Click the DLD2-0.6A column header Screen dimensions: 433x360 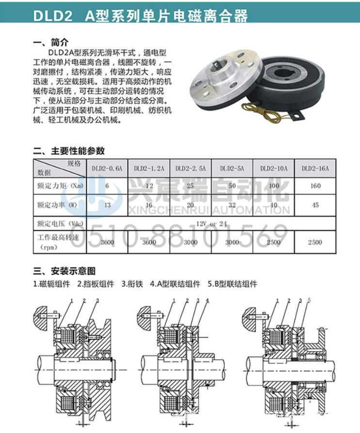(107, 169)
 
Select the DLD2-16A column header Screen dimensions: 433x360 (315, 169)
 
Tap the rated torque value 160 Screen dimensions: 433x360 (315, 186)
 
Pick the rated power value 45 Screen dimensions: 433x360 (315, 205)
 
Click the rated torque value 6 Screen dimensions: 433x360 (107, 186)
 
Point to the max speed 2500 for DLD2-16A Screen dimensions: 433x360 (315, 242)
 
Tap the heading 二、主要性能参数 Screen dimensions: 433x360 (68, 151)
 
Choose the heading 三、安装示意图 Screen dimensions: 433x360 (64, 271)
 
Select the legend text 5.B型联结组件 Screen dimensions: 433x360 (232, 284)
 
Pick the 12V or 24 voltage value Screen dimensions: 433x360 (213, 224)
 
